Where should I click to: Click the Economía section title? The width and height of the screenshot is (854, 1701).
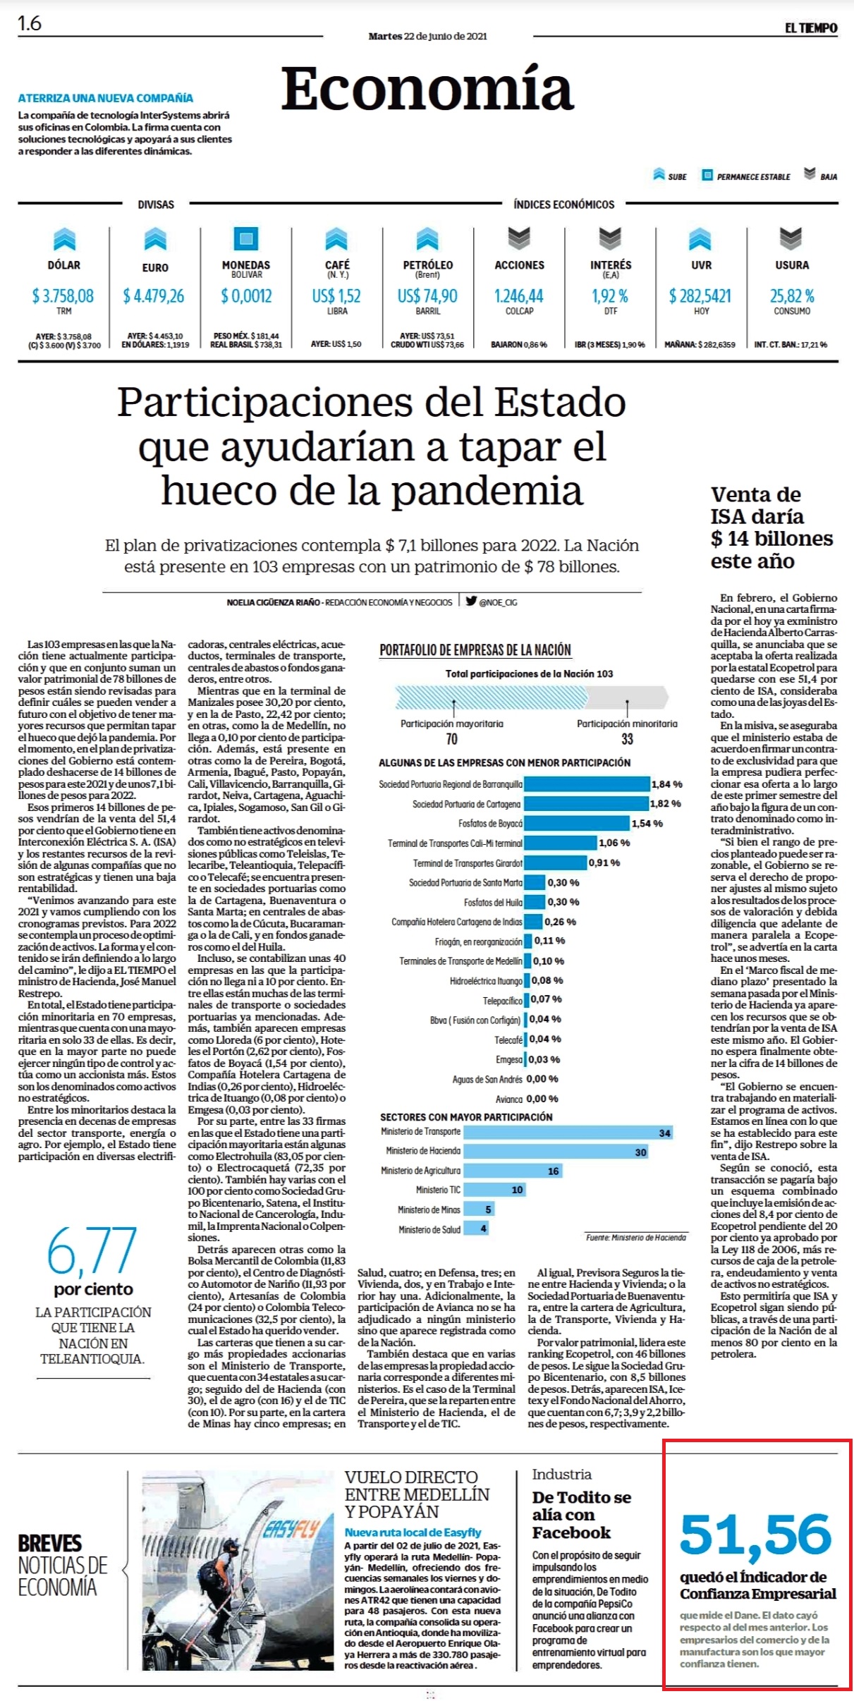coord(427,89)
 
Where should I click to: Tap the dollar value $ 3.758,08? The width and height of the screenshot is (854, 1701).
coord(63,296)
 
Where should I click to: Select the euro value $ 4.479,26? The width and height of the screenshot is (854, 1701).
coord(154,296)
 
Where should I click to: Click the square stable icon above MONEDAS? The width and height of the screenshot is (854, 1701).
coord(245,239)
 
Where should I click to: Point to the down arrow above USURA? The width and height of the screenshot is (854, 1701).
coord(791,239)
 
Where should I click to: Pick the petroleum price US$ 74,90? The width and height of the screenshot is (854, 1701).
coord(427,296)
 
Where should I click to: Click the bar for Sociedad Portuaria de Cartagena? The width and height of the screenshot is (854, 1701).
coord(586,804)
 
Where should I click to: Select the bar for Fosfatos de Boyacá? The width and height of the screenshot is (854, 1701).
coord(576,824)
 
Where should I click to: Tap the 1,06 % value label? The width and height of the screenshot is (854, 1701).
coord(614,843)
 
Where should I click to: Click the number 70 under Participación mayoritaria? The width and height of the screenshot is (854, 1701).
coord(451,739)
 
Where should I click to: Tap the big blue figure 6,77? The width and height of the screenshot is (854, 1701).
coord(92,1251)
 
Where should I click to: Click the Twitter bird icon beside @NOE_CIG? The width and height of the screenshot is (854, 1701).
coord(471,601)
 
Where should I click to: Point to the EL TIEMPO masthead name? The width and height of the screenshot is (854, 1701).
coord(811,28)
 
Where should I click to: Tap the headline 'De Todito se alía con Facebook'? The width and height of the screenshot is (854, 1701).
coord(582,1515)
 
